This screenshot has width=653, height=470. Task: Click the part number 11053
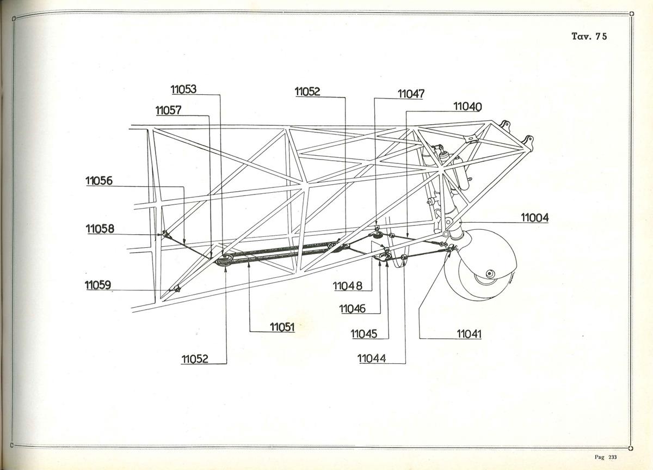coord(183,89)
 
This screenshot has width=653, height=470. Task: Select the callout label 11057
coord(168,110)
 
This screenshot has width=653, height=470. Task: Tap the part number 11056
coord(99,181)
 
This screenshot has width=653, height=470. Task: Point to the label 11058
coord(100,229)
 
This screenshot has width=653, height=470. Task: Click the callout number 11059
coord(97,285)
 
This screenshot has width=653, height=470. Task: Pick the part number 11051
coord(282,327)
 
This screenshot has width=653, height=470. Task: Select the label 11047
coord(411,94)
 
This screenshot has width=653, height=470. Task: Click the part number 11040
coord(467,107)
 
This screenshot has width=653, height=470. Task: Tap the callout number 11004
coord(534,218)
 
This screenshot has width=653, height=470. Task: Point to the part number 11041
coord(469,334)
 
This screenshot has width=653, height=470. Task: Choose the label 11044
coord(371,358)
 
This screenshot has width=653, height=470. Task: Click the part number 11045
coord(364,334)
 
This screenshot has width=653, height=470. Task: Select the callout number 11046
coord(352,309)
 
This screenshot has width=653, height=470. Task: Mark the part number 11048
coord(348,286)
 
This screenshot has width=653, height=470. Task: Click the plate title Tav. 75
coord(589,36)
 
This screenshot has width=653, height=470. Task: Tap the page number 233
coord(613,457)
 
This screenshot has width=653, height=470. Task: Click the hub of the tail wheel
coord(490,274)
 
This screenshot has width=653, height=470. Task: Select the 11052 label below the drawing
coord(195,359)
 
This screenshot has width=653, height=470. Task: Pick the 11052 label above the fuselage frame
coord(307,91)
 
